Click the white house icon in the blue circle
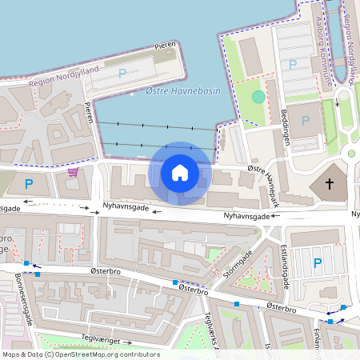pos(180,172)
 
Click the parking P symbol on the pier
pos(122,73)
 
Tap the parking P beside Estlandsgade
pos(318,262)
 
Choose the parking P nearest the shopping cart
pos(30,184)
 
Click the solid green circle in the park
pos(258,96)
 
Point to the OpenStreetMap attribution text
pos(80,354)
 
